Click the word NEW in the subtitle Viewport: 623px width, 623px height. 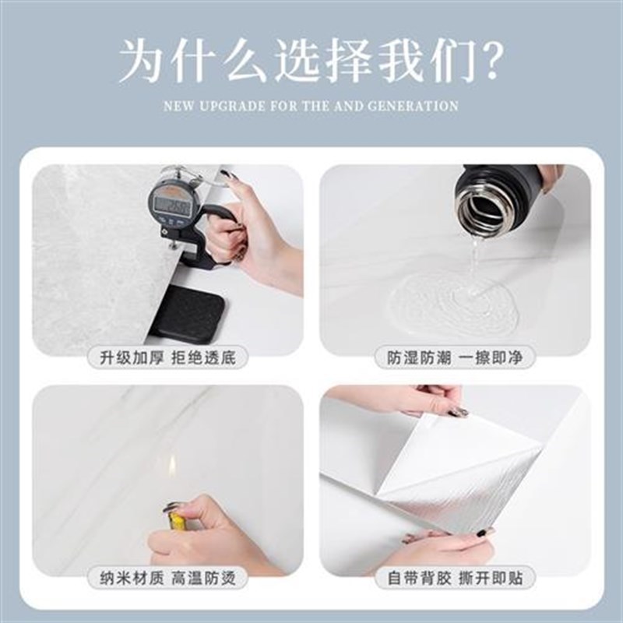[x=181, y=105]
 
